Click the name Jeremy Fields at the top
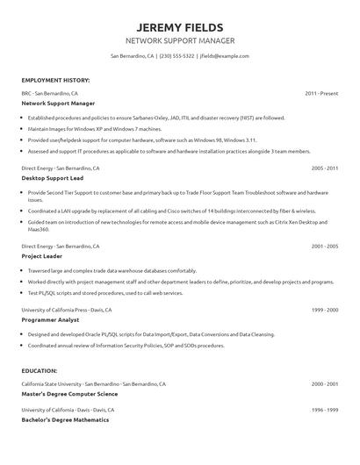(180, 27)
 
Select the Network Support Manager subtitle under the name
(180, 41)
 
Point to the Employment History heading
(55, 80)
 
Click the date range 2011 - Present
(320, 92)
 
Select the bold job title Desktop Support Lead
(52, 177)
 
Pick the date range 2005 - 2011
(324, 167)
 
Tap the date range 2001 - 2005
(324, 247)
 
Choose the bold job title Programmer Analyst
(50, 321)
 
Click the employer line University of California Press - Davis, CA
(68, 311)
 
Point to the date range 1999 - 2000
(324, 311)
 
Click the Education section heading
(40, 370)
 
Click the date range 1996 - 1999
(324, 410)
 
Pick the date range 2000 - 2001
(324, 384)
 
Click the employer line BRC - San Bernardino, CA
(50, 92)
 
